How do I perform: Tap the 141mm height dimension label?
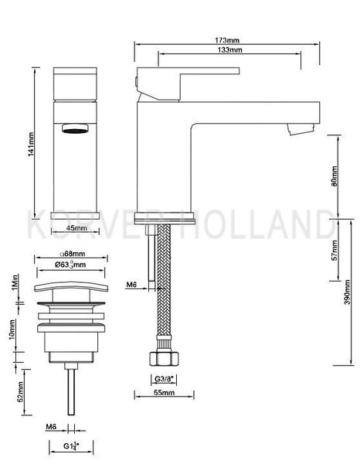click(x=32, y=142)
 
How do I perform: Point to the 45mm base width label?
click(x=76, y=229)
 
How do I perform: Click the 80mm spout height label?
click(x=335, y=178)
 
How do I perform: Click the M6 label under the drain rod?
click(x=51, y=426)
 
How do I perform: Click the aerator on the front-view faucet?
click(x=72, y=128)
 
